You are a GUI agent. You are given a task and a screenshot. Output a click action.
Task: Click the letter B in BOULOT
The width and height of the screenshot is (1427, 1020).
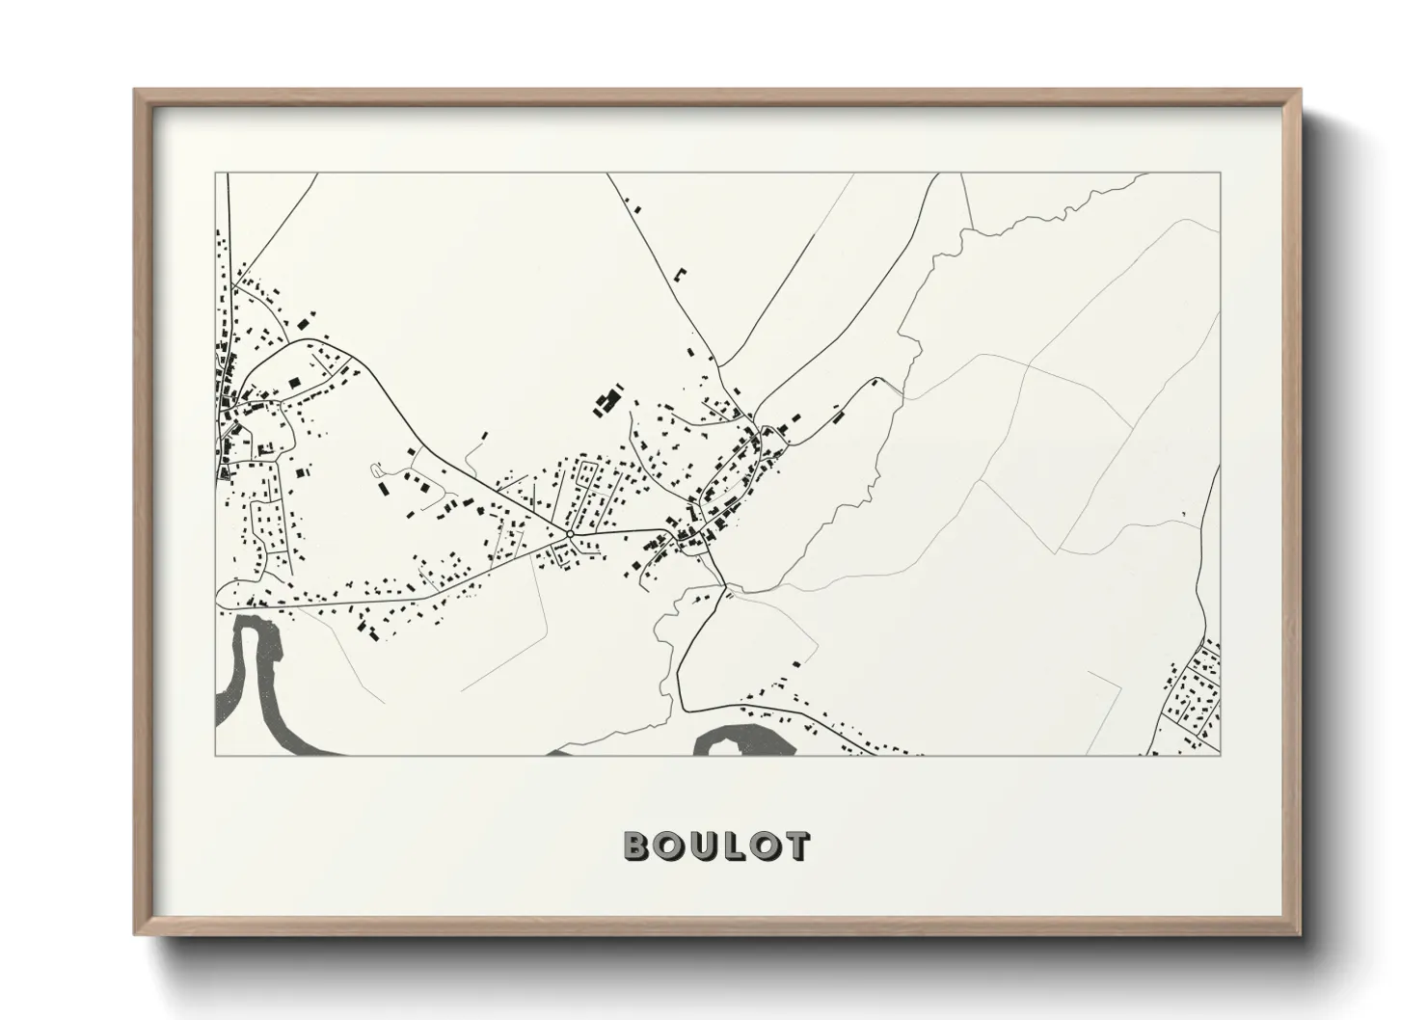pyautogui.click(x=637, y=846)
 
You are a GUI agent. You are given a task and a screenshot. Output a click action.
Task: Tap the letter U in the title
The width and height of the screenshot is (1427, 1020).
pyautogui.click(x=701, y=846)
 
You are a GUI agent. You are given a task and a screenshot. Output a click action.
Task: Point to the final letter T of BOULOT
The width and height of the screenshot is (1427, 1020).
pyautogui.click(x=795, y=846)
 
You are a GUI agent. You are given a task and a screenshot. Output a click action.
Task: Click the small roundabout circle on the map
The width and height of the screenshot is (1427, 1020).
pyautogui.click(x=570, y=533)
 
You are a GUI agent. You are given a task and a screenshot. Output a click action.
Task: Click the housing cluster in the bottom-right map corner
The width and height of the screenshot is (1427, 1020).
pyautogui.click(x=1194, y=700)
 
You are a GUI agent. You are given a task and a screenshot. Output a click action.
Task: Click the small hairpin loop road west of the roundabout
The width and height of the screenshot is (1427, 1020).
pyautogui.click(x=377, y=470)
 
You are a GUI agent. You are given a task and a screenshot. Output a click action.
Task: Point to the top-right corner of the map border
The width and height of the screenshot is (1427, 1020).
pyautogui.click(x=1220, y=174)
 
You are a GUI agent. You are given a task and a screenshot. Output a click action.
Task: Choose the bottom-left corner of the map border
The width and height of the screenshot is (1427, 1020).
pyautogui.click(x=217, y=754)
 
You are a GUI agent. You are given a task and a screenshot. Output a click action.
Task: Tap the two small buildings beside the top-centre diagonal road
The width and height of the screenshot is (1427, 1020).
pyautogui.click(x=633, y=205)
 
